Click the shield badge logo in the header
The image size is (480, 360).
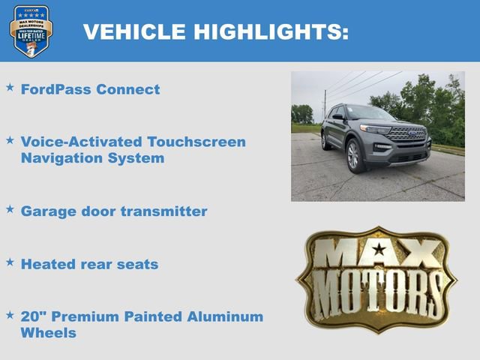point(31,31)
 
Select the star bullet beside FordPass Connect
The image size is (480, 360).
point(10,88)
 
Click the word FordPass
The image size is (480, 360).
point(55,89)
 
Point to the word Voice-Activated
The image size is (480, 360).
point(83,142)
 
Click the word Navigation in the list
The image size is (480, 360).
point(64,158)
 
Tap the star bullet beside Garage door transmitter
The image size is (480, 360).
point(10,209)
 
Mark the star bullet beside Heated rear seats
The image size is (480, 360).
point(10,262)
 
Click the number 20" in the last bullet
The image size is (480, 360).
point(32,316)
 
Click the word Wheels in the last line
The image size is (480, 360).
point(49,333)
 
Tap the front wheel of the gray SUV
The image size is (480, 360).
point(353,154)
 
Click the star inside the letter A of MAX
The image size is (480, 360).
point(379,250)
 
